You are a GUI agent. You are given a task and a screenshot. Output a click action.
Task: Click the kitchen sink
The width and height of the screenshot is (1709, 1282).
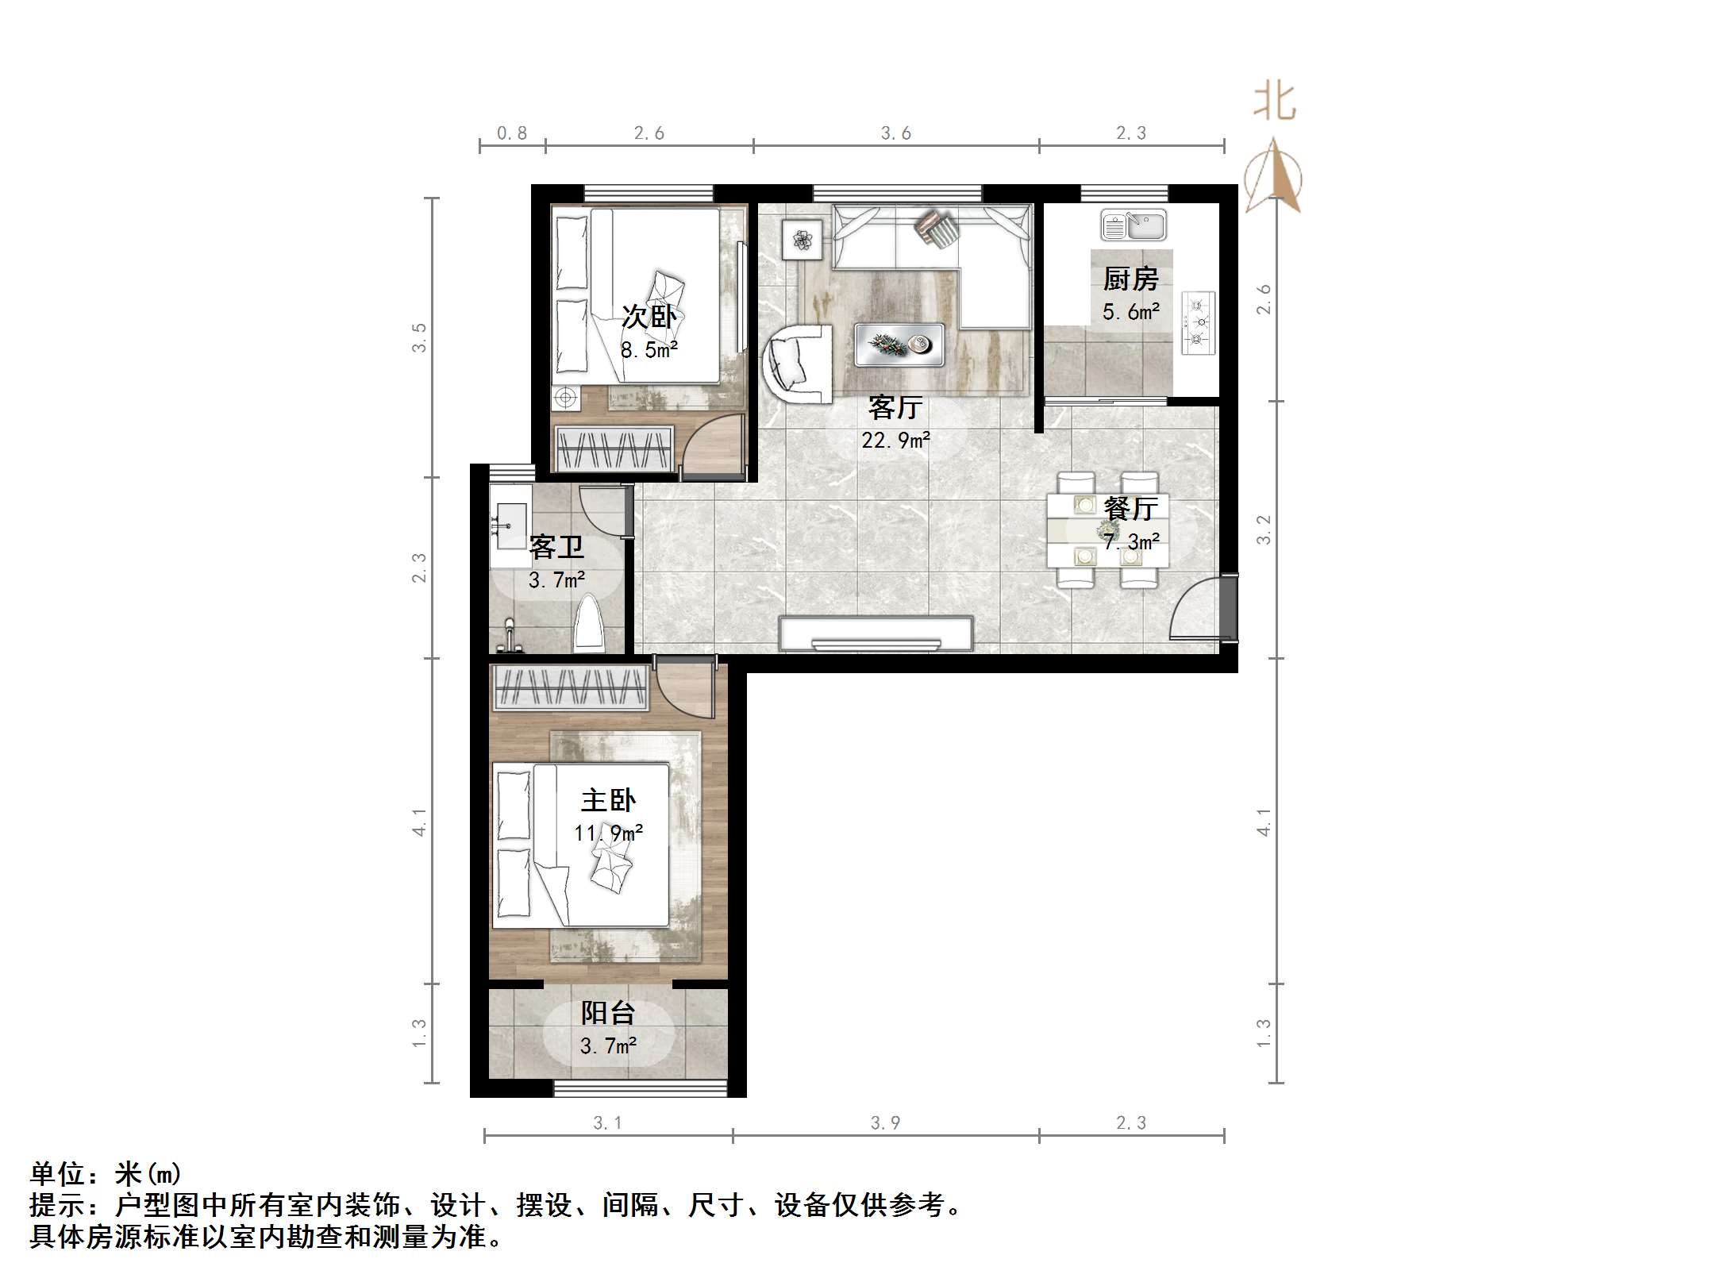1133,225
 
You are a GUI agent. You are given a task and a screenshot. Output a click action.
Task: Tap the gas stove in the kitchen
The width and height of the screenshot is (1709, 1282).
1198,323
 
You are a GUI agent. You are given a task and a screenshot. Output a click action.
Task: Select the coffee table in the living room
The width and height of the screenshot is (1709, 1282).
899,345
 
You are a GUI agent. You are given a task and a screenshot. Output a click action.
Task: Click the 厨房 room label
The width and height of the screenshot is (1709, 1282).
1130,279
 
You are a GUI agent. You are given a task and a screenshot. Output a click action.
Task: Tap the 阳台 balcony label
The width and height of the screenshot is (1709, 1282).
608,1013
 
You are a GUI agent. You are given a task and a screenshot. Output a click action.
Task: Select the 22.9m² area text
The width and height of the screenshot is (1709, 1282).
895,440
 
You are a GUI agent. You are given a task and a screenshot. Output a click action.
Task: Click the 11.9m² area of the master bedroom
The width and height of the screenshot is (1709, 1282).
608,833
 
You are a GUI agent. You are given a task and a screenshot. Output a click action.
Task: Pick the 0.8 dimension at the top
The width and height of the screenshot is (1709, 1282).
512,133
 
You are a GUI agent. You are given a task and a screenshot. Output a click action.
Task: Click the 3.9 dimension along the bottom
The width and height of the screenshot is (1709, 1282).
885,1123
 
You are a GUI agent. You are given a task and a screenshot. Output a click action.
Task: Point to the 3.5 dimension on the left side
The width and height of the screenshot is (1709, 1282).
419,337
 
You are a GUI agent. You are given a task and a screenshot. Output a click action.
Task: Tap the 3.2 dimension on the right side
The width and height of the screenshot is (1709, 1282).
1264,529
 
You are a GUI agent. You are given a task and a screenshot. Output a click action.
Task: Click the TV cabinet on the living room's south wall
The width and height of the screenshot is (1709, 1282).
876,634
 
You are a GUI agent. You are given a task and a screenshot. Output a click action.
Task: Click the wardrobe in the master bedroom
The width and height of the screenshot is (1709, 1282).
570,687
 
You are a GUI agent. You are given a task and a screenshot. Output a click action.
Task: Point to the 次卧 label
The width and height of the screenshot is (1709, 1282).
649,317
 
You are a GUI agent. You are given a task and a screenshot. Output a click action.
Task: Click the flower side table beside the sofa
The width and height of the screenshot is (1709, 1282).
802,239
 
